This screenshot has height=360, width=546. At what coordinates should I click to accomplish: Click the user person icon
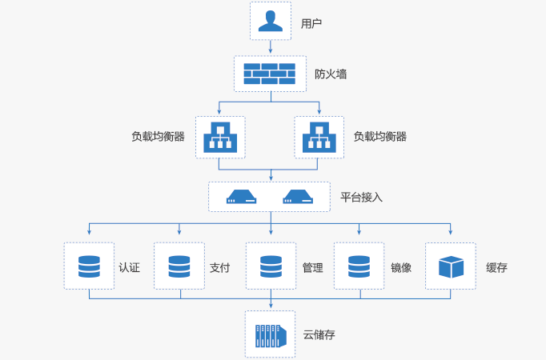(271, 21)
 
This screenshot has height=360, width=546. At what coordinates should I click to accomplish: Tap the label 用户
(311, 23)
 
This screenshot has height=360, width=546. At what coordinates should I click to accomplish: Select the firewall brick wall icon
(270, 74)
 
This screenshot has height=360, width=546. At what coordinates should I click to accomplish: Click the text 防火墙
(331, 74)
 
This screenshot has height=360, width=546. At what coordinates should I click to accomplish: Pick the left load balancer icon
(219, 137)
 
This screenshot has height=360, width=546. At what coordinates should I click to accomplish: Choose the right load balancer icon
(319, 137)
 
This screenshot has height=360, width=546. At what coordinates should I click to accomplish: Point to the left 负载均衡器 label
(159, 137)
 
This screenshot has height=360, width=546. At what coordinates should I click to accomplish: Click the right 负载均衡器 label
(380, 137)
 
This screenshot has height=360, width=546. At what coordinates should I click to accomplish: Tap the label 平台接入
(362, 197)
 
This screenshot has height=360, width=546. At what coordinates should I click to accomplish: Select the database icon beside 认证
(90, 266)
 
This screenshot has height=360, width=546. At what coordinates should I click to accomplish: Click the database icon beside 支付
(180, 266)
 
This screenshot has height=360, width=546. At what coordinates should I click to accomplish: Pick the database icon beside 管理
(271, 266)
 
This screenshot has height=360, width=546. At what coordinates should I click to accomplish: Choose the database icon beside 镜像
(360, 266)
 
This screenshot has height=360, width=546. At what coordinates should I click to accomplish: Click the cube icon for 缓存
(451, 266)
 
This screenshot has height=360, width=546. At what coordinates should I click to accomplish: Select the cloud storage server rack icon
(270, 334)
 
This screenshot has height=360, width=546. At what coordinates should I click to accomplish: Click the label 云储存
(319, 335)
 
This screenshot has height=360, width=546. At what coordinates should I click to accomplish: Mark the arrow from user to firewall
(271, 47)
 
